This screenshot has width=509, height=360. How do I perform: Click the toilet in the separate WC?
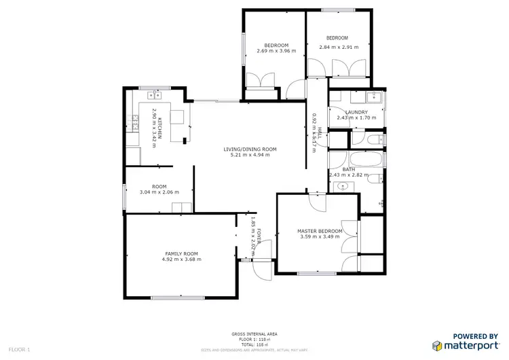[x=375, y=139]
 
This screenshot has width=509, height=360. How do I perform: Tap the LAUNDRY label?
[x=356, y=112]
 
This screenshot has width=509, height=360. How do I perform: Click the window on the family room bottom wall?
[x=178, y=297]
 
